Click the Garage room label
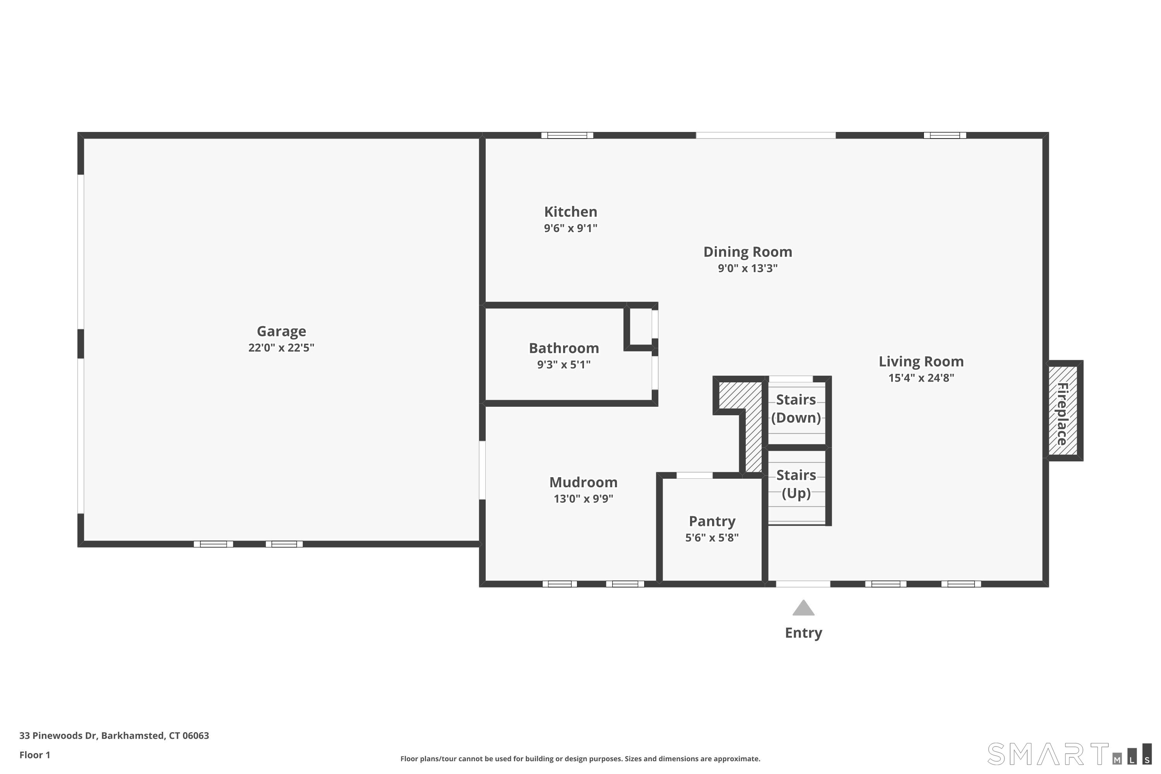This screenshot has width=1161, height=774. (281, 331)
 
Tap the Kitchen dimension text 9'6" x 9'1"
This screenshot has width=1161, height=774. (570, 228)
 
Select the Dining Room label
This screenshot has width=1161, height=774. (747, 252)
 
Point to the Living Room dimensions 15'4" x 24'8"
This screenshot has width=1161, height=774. (921, 378)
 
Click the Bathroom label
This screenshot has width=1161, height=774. (564, 348)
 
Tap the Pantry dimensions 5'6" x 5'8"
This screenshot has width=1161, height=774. (711, 538)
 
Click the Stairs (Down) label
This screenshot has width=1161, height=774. (796, 408)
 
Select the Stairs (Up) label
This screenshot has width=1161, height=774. (796, 484)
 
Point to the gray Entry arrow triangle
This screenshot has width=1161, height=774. (803, 609)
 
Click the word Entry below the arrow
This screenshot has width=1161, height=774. (803, 632)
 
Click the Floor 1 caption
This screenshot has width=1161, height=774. (34, 755)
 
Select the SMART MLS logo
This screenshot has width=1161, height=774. (1069, 754)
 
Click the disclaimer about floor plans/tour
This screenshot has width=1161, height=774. (580, 759)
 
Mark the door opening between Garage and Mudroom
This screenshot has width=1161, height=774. (482, 470)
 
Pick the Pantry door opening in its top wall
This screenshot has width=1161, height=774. (694, 475)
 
